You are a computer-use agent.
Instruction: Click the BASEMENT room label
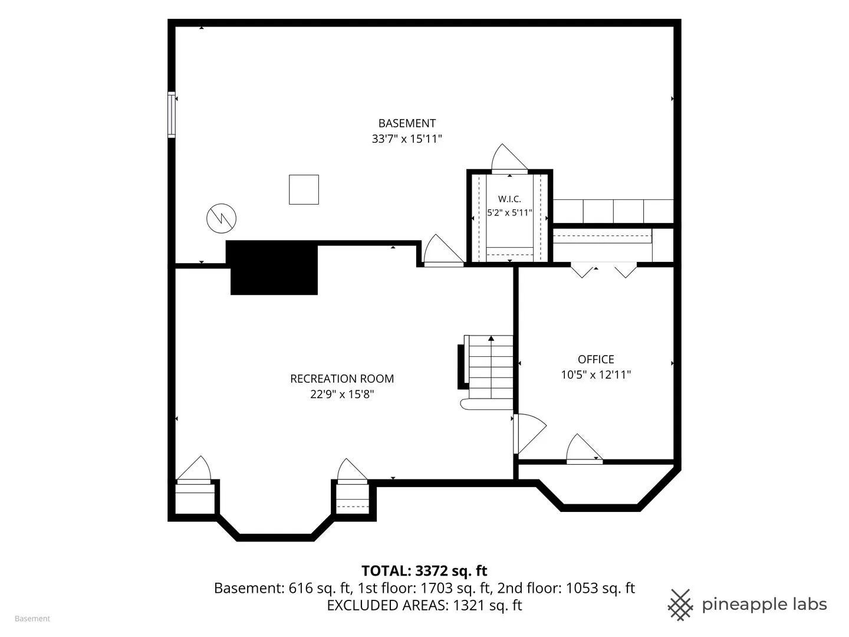[x=407, y=123]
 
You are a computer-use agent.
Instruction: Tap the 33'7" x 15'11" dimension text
[x=407, y=139]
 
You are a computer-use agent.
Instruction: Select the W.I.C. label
[x=509, y=199]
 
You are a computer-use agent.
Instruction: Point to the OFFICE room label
[x=595, y=359]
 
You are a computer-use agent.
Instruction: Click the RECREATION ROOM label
[x=342, y=379]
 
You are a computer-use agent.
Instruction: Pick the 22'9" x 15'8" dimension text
[x=342, y=394]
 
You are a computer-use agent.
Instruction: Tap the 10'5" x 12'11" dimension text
[x=595, y=375]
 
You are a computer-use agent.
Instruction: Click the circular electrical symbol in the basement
[x=221, y=218]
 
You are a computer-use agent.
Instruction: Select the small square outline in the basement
[x=304, y=189]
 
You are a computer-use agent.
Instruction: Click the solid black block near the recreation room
[x=274, y=268]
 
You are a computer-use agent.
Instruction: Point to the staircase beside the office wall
[x=488, y=372]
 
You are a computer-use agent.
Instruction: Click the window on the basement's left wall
[x=172, y=114]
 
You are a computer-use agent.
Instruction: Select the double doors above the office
[x=603, y=270]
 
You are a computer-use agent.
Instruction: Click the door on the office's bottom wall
[x=584, y=449]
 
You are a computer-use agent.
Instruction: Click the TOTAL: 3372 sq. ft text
[x=424, y=571]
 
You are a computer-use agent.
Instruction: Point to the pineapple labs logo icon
[x=680, y=605]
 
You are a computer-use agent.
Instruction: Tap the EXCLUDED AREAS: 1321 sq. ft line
[x=424, y=605]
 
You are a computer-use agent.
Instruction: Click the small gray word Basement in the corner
[x=32, y=619]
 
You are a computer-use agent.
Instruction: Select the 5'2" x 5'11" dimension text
[x=509, y=213]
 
